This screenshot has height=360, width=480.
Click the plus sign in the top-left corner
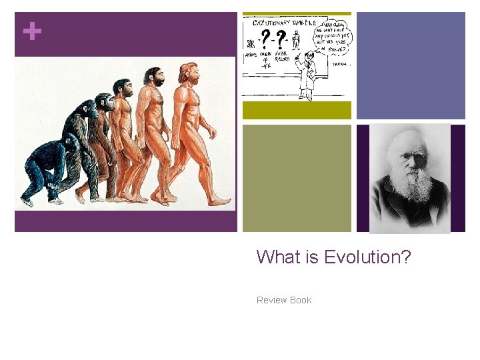pos(31,31)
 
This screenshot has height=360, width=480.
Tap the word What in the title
pos(276,257)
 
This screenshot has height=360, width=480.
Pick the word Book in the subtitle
pos(300,300)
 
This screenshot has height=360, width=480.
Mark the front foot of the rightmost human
pos(219,201)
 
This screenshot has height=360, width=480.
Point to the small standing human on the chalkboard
pos(296,41)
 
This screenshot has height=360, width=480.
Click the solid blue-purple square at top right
pos(411,65)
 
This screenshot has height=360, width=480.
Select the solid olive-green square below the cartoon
pos(296,178)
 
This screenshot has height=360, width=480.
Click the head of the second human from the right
pos(154,77)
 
